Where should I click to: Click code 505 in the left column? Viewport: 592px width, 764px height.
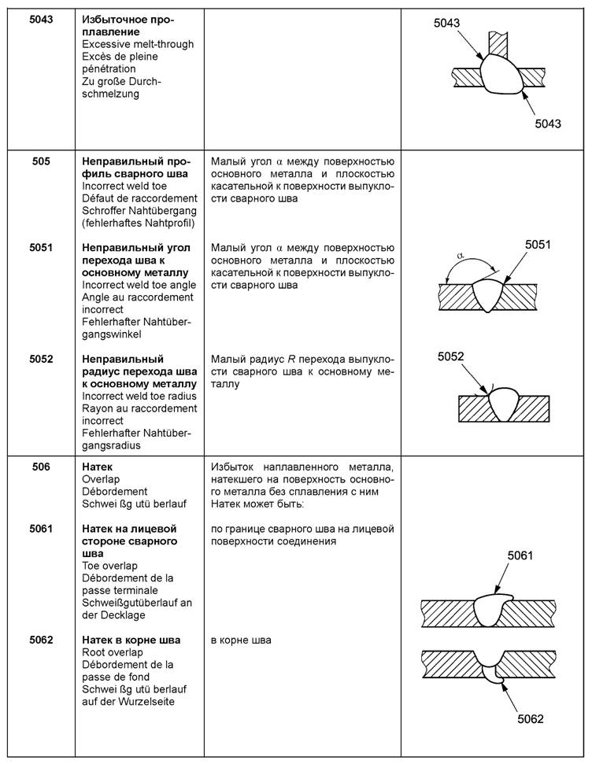point(41,162)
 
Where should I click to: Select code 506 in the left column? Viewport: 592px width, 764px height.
point(41,467)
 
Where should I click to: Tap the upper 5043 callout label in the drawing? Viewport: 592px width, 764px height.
point(446,24)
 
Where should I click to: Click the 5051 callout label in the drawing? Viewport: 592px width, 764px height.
point(538,245)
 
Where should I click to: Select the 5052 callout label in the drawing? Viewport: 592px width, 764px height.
point(451,356)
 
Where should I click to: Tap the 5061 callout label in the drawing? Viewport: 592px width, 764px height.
point(520,556)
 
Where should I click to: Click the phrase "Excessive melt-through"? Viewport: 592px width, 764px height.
point(138,44)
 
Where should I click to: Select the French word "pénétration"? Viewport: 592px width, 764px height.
point(109,68)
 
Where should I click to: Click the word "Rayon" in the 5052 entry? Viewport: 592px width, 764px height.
point(98,408)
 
